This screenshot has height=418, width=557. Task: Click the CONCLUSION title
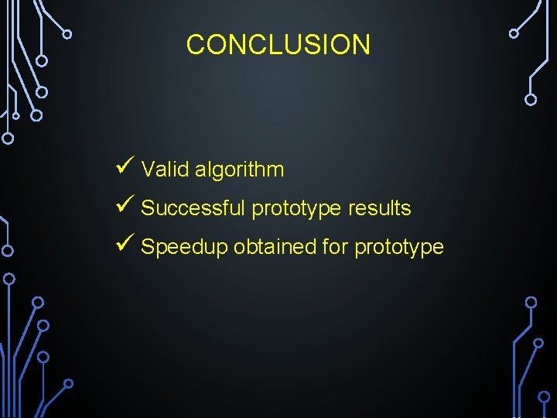[278, 45]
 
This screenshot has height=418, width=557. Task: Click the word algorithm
[239, 170]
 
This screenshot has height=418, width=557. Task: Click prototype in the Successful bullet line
[297, 209]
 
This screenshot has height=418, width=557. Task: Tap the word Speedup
[184, 248]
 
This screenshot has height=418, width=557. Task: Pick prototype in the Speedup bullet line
[399, 248]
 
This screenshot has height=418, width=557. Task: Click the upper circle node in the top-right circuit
[514, 33]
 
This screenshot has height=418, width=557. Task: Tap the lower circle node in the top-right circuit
[531, 99]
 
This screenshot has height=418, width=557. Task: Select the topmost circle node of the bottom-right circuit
[531, 301]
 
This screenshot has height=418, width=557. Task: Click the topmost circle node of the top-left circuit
[67, 34]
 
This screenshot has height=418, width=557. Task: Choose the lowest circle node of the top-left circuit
[8, 139]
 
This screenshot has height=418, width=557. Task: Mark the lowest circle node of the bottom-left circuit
[68, 383]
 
